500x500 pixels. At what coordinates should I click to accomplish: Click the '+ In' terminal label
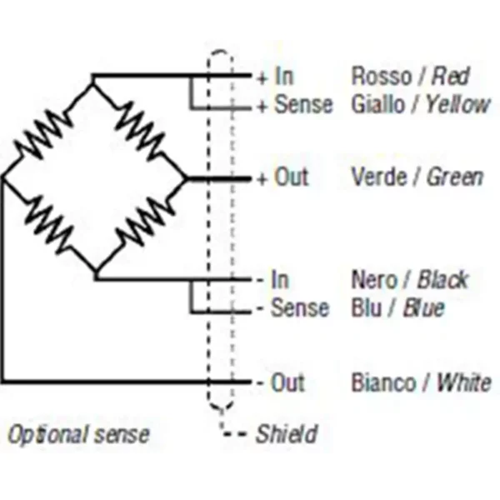274,77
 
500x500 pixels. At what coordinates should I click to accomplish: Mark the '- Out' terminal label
279,383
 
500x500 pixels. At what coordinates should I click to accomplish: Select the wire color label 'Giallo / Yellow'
422,105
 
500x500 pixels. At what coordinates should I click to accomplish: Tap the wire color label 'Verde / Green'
417,177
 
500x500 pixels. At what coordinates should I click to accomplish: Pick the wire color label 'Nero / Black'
409,279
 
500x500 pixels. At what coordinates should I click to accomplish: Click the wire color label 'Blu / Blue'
397,308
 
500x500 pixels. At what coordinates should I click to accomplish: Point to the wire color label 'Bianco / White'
421,383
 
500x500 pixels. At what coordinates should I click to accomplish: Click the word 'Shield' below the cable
286,434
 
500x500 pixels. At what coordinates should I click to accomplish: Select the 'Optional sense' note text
78,434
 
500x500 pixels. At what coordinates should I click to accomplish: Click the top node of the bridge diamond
92,77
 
